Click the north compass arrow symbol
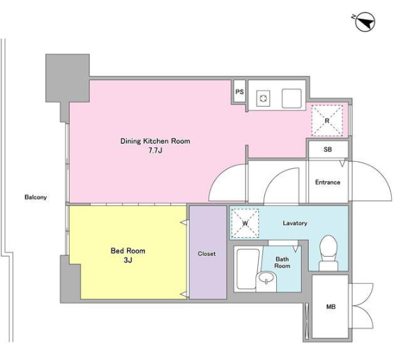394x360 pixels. point(365,22)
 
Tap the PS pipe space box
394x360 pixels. point(239,92)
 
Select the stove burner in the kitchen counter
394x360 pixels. point(263,98)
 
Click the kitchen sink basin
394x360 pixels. point(291,98)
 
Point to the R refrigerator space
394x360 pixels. point(327,121)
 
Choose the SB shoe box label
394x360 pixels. point(328,149)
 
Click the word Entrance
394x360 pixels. point(328,182)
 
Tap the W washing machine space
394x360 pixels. point(245,223)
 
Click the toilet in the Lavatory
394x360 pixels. point(328,253)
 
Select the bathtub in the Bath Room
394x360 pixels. point(248,269)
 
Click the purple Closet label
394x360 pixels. point(206,254)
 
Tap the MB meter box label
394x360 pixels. point(331,307)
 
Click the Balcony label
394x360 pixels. point(36,197)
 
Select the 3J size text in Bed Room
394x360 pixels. point(128,260)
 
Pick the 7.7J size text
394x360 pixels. point(156,151)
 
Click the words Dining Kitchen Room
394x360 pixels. point(156,141)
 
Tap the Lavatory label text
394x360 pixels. point(295,223)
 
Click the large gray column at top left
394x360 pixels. point(68,78)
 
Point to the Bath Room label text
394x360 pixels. point(282,262)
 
